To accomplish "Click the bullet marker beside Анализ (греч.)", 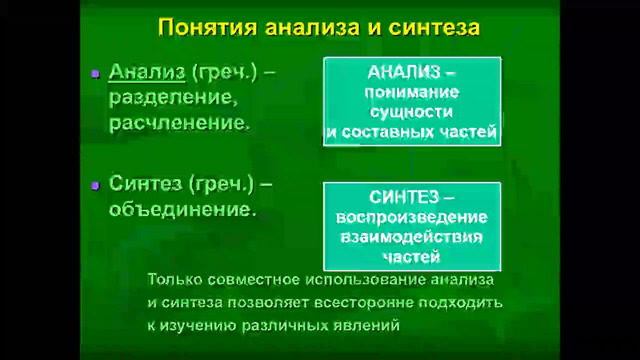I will pyautogui.click(x=95, y=73).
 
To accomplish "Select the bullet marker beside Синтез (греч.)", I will pyautogui.click(x=95, y=185).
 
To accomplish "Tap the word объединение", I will pyautogui.click(x=176, y=211).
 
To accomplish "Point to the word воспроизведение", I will pyautogui.click(x=410, y=217).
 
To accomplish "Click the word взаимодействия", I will pyautogui.click(x=410, y=236).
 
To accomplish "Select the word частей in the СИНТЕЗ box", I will pyautogui.click(x=410, y=255).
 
